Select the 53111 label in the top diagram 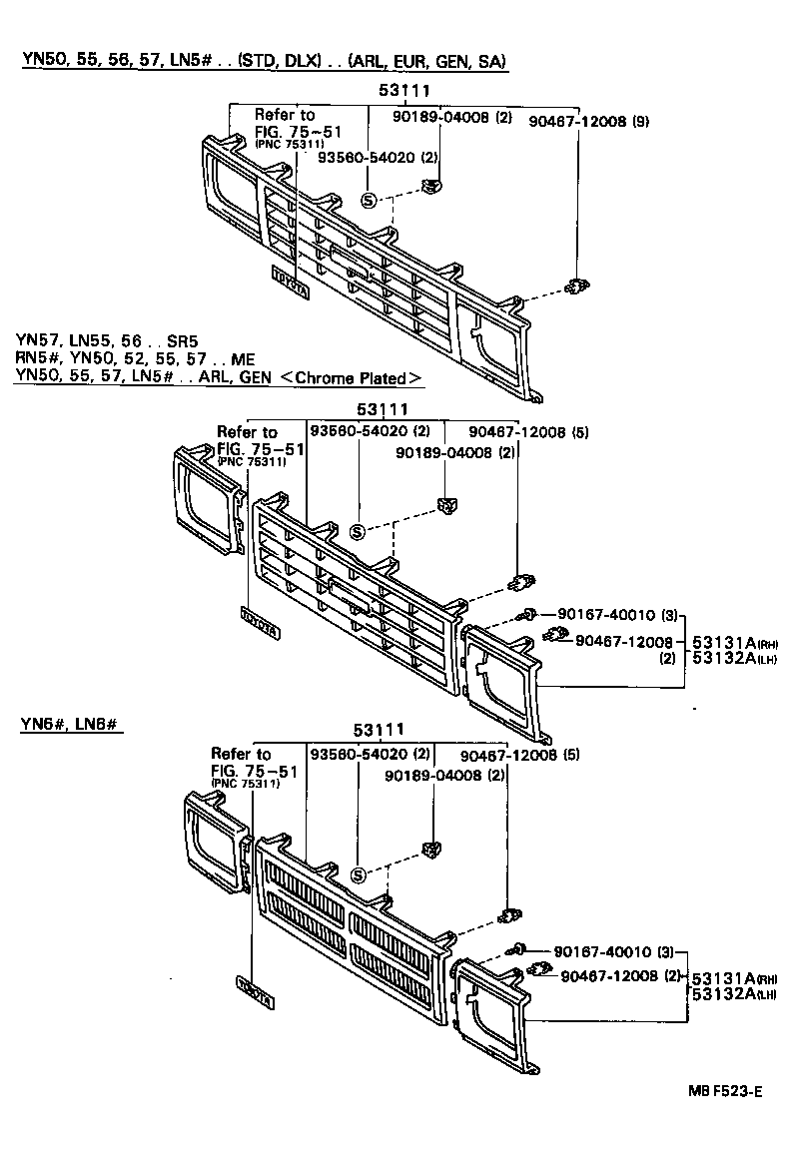coord(396,92)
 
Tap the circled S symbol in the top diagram coord(368,200)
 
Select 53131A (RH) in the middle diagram coord(727,644)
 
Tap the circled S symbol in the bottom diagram coord(358,875)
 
